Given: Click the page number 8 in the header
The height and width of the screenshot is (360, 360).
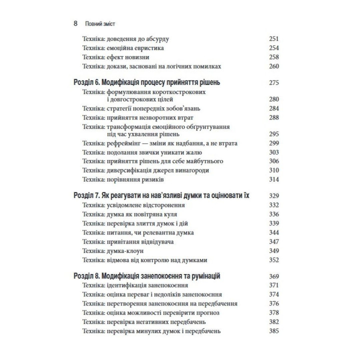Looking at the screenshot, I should coord(75,23).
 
